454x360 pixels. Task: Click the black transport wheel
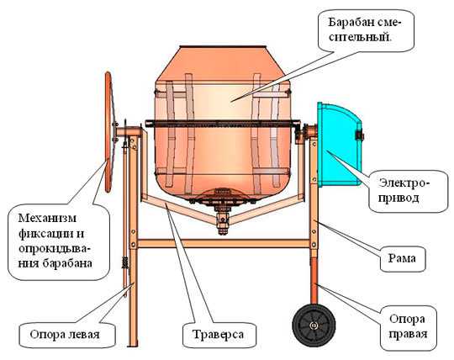(x=314, y=325)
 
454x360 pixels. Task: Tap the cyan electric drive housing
(x=340, y=145)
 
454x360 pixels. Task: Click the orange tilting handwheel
(x=108, y=132)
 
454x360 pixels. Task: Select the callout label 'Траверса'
(x=218, y=335)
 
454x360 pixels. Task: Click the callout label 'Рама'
(x=402, y=258)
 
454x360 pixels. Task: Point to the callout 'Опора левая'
(x=65, y=335)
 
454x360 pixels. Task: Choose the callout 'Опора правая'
(x=408, y=326)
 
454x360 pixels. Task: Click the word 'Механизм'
(x=47, y=218)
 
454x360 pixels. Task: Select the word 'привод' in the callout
(x=399, y=199)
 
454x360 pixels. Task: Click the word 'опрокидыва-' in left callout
(x=55, y=248)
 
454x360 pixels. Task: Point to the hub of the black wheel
(x=314, y=326)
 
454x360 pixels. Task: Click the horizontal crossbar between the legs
(x=224, y=243)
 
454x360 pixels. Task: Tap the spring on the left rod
(x=125, y=263)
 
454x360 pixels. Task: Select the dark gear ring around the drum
(x=222, y=124)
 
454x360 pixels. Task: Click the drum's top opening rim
(x=223, y=47)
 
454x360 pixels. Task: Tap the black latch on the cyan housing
(x=359, y=135)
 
